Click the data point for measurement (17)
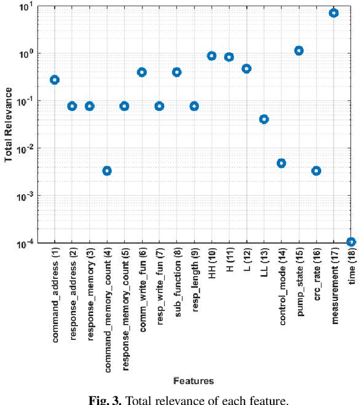[334, 13]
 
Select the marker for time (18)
[351, 242]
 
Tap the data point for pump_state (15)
[299, 51]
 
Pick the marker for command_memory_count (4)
[107, 170]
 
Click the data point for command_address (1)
[55, 80]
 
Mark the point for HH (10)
[211, 56]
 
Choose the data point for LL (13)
[264, 119]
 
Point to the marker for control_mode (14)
[281, 163]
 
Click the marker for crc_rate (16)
[316, 170]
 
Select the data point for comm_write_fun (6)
[142, 72]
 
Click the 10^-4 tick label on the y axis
[25, 244]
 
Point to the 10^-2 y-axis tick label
[25, 149]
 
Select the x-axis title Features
[193, 381]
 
